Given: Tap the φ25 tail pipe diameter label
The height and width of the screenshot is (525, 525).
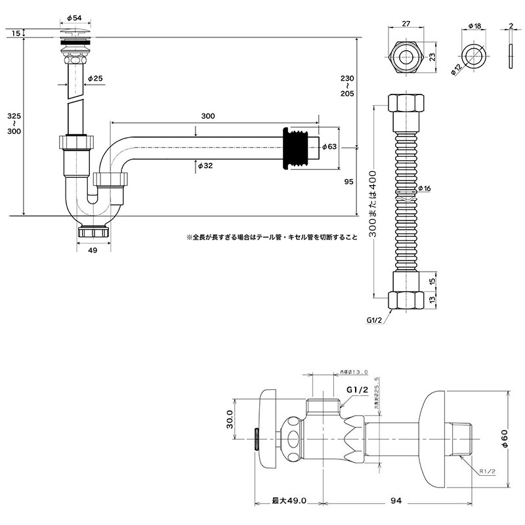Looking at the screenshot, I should pos(95,79).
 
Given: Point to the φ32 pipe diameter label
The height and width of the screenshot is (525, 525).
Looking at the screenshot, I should pos(205,167).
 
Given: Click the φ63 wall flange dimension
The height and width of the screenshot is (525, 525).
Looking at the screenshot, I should pos(329,147).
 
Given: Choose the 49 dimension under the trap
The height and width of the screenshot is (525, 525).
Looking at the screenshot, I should pos(92,251).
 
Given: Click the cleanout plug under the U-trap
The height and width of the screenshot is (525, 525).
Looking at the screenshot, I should pos(93,231).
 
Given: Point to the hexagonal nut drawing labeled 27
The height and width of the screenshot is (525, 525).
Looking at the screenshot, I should pos(405,57).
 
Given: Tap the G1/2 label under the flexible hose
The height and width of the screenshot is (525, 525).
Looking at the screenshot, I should pos(375,320).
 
